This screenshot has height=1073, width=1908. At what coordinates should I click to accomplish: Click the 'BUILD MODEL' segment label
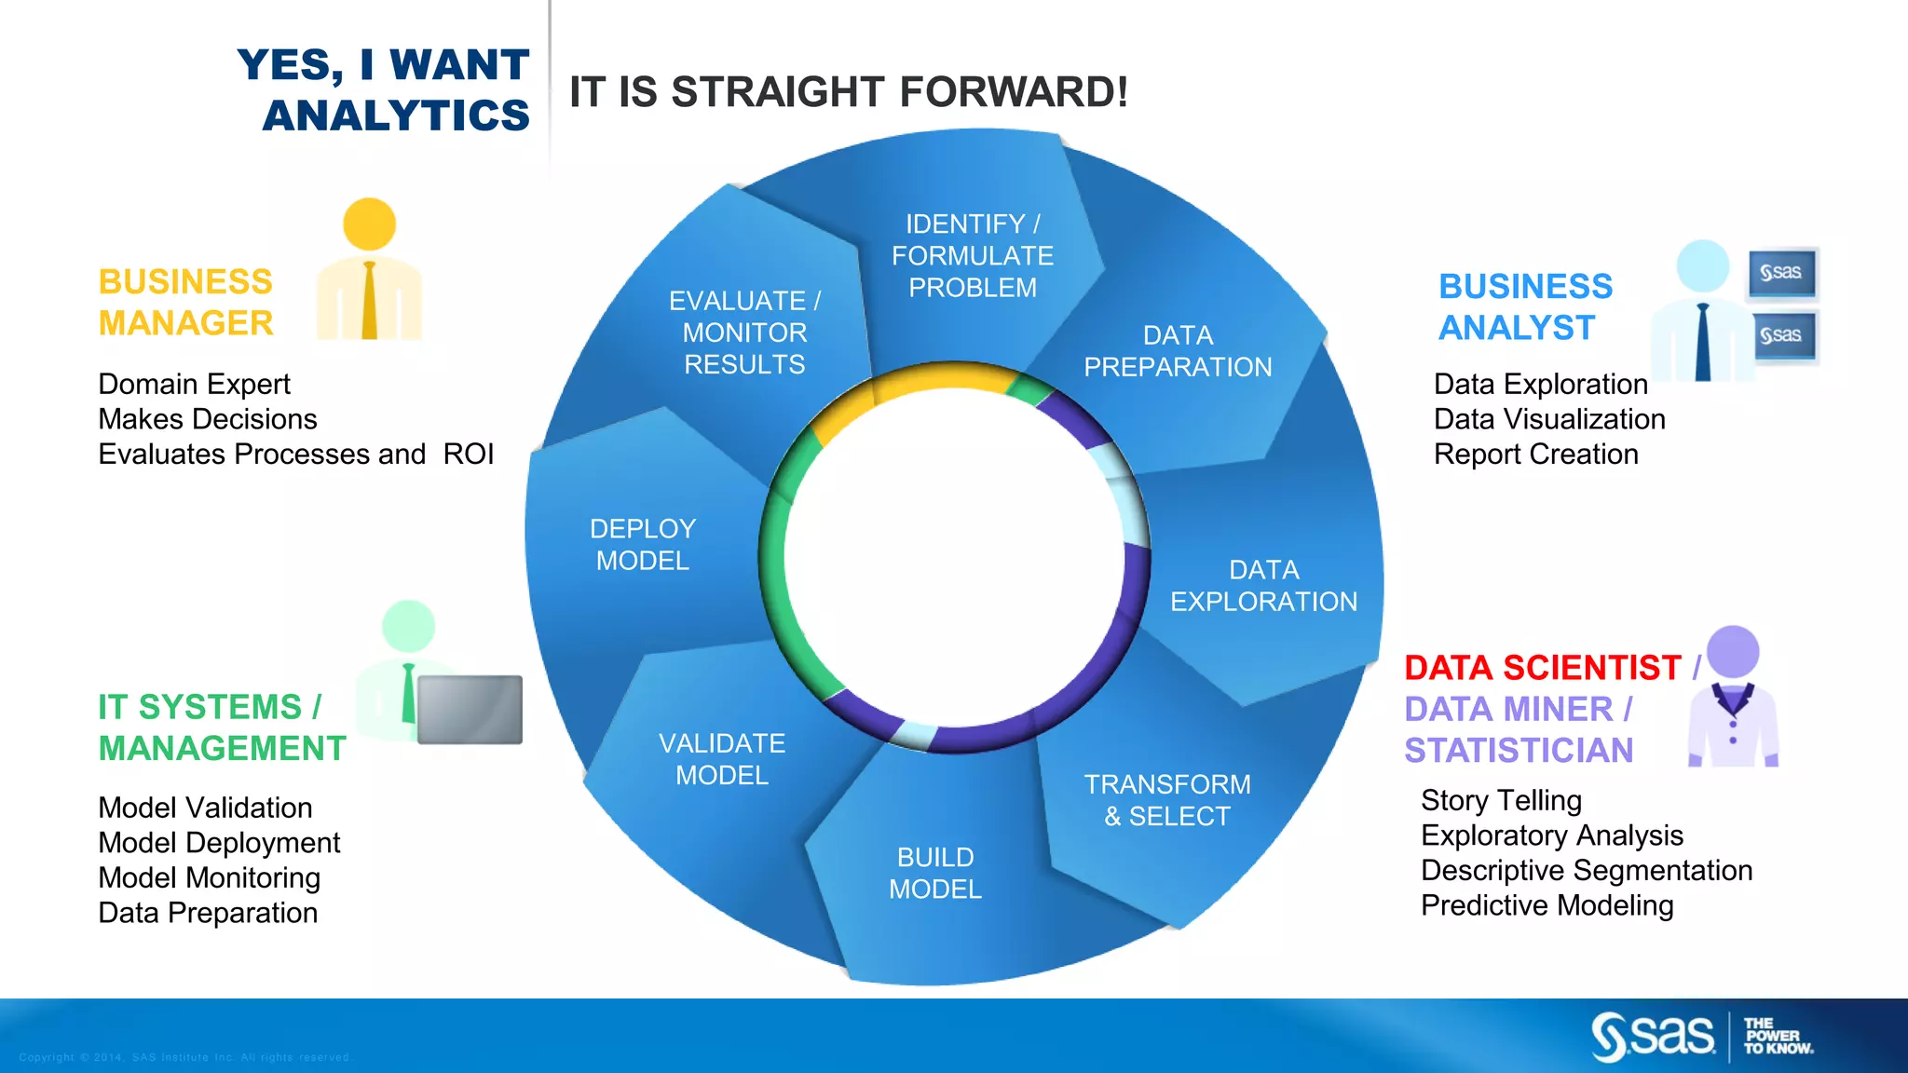pyautogui.click(x=935, y=873)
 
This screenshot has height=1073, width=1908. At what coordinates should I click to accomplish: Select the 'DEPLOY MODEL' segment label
pyautogui.click(x=643, y=545)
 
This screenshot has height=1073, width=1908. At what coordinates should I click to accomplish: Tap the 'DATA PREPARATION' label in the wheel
pyautogui.click(x=1178, y=351)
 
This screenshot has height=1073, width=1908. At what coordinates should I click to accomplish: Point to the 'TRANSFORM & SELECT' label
pyautogui.click(x=1167, y=800)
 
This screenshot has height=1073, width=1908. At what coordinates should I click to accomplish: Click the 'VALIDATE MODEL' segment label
pyautogui.click(x=722, y=759)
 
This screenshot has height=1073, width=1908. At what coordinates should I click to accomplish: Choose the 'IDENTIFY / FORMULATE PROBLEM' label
pyautogui.click(x=973, y=255)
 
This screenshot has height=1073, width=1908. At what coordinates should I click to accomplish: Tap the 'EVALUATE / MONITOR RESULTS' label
pyautogui.click(x=744, y=333)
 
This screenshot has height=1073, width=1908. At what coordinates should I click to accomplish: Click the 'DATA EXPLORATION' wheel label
pyautogui.click(x=1263, y=586)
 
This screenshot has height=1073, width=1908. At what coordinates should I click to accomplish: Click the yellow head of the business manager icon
pyautogui.click(x=369, y=224)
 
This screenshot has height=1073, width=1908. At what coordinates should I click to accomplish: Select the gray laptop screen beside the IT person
pyautogui.click(x=470, y=710)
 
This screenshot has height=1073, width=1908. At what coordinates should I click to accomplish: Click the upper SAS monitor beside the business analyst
pyautogui.click(x=1781, y=273)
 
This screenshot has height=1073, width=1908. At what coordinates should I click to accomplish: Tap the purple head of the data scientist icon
pyautogui.click(x=1733, y=651)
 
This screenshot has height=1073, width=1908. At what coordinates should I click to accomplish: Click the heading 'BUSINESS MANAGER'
pyautogui.click(x=185, y=302)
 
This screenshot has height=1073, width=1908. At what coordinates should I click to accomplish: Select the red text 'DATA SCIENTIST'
pyautogui.click(x=1542, y=668)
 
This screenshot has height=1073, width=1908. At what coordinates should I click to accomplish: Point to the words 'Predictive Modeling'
pyautogui.click(x=1547, y=905)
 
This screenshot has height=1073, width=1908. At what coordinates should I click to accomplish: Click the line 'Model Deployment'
pyautogui.click(x=219, y=843)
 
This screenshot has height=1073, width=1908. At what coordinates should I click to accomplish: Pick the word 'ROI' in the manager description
pyautogui.click(x=468, y=455)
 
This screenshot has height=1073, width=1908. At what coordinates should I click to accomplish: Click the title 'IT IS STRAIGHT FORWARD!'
pyautogui.click(x=848, y=92)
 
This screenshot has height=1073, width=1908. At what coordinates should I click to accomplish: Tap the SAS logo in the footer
pyautogui.click(x=1653, y=1037)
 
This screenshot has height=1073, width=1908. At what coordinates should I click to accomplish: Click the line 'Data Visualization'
pyautogui.click(x=1548, y=419)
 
